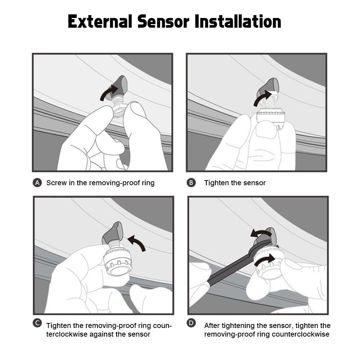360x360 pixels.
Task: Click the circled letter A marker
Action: pos(37,183)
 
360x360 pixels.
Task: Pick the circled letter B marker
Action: pos(191,183)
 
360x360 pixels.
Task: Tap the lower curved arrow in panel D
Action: pos(264,260)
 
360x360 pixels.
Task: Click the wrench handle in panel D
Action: pos(227,270)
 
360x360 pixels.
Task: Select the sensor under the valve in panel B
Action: pos(272,119)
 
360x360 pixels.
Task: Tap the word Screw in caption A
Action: pos(56,183)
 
